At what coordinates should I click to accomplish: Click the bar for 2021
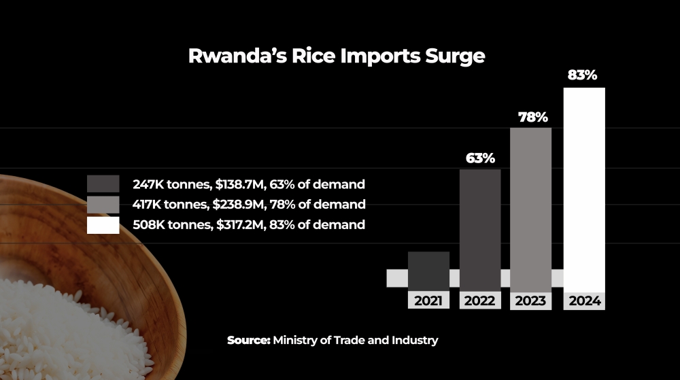click(x=428, y=270)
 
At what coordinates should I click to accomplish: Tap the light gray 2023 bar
click(x=530, y=208)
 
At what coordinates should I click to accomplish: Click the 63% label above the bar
click(x=480, y=158)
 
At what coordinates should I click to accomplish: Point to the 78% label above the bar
click(x=533, y=117)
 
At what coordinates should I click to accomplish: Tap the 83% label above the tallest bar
click(x=582, y=75)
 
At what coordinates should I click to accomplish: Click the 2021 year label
click(x=428, y=300)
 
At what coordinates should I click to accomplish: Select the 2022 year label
click(x=480, y=300)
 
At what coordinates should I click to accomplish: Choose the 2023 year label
click(x=531, y=300)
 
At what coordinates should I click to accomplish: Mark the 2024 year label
click(x=584, y=300)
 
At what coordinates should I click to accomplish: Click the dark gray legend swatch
click(x=103, y=184)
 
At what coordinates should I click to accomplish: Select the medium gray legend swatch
click(x=103, y=204)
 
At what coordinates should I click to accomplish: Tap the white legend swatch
click(x=103, y=224)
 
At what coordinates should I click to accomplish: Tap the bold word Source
click(x=249, y=340)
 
